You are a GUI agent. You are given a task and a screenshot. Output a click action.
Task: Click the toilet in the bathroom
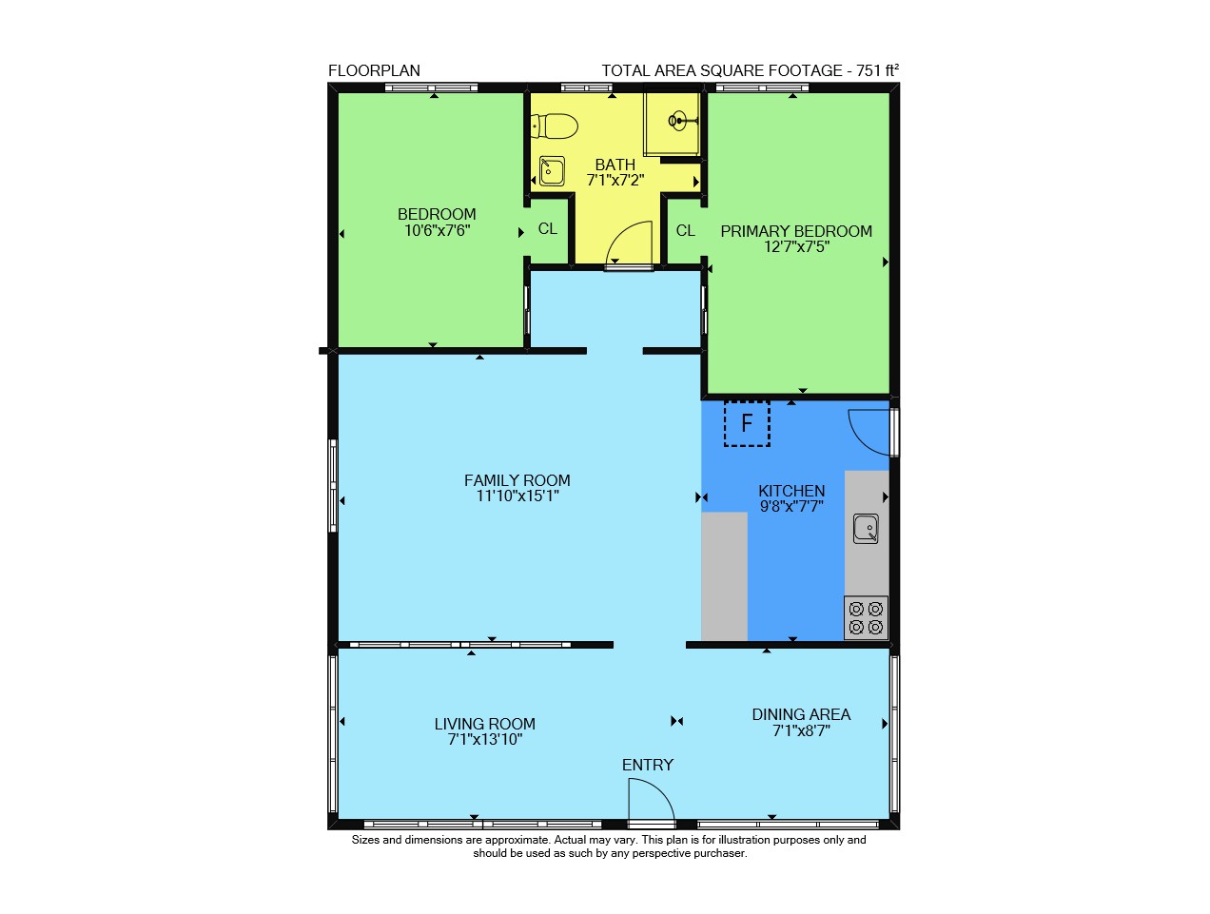(x=553, y=126)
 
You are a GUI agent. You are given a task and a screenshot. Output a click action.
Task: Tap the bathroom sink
(x=552, y=170)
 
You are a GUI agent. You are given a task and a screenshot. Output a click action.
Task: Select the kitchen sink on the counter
(x=866, y=529)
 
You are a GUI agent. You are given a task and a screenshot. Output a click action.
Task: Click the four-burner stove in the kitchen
(x=866, y=617)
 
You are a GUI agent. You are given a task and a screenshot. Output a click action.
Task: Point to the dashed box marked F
(x=747, y=423)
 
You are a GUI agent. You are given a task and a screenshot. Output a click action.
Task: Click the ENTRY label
(x=648, y=765)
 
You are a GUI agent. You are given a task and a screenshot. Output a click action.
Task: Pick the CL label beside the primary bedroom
(x=685, y=230)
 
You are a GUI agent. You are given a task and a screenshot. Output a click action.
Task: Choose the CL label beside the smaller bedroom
(x=547, y=228)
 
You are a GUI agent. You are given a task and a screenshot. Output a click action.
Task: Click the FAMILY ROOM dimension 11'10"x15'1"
(x=517, y=496)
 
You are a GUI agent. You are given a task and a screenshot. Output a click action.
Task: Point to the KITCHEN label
(x=791, y=491)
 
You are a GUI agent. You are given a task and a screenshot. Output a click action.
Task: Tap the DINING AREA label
(x=801, y=714)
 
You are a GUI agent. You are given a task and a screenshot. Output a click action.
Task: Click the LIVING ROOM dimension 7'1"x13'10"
(x=485, y=739)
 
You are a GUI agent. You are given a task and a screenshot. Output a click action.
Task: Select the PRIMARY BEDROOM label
(x=796, y=231)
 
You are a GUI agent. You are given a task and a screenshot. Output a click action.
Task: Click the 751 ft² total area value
(x=877, y=70)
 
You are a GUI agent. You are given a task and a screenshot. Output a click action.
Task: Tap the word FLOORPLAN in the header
(x=374, y=70)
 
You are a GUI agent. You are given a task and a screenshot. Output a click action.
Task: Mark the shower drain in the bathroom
(x=677, y=121)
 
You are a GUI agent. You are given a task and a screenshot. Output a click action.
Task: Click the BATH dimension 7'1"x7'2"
(x=615, y=180)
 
